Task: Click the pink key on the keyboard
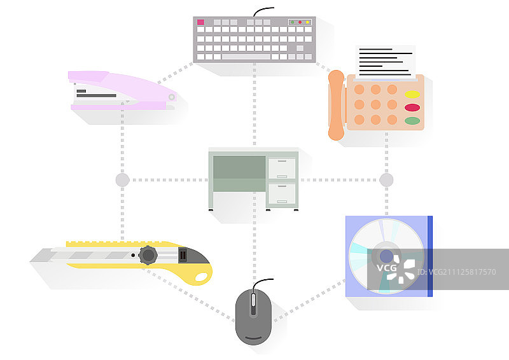coord(200,22)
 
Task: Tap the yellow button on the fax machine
coord(412,95)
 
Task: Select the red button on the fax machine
coord(412,107)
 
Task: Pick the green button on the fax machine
coord(412,120)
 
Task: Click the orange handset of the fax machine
coord(336,104)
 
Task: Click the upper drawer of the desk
coord(281,169)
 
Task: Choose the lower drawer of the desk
coord(281,193)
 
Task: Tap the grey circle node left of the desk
coord(122,180)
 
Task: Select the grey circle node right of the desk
coord(386,180)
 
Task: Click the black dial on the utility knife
coord(148,255)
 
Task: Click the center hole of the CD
coord(386,256)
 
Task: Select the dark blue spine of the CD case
coord(430,256)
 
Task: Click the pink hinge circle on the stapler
coord(171,97)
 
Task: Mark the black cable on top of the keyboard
coord(263,10)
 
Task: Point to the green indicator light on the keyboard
coord(293,22)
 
